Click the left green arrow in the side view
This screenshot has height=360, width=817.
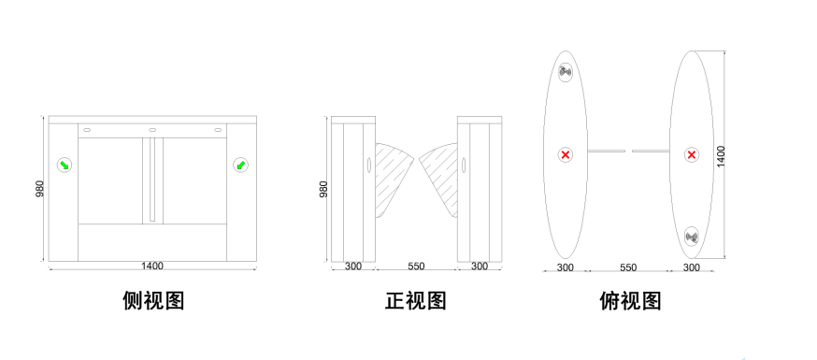click(64, 166)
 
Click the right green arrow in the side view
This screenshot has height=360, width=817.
click(240, 166)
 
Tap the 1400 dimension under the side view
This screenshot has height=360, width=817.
click(152, 266)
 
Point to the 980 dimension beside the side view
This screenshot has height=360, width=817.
click(40, 189)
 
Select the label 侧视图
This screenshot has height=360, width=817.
click(153, 300)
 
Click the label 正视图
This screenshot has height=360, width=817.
click(416, 300)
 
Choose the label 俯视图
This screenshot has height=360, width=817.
click(630, 300)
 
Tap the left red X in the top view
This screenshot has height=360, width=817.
click(566, 154)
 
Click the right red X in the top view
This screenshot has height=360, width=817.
click(692, 154)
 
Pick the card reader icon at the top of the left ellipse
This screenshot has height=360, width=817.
click(566, 72)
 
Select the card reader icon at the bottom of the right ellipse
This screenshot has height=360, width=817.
click(692, 238)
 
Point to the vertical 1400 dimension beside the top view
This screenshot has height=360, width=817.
click(721, 156)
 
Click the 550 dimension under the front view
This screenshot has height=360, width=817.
click(416, 266)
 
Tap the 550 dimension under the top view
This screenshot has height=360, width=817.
click(628, 267)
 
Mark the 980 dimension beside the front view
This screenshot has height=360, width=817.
click(323, 189)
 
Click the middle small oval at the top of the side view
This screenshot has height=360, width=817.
click(152, 130)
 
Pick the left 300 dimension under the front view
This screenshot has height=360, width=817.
click(352, 266)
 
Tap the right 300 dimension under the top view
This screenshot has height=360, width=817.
click(692, 267)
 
